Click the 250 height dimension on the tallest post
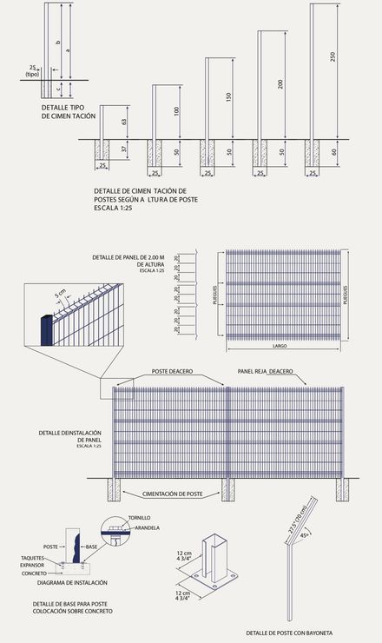click(x=332, y=57)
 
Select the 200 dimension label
click(x=280, y=84)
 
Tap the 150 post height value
click(x=229, y=97)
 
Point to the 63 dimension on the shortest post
click(x=124, y=121)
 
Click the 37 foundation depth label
click(x=124, y=149)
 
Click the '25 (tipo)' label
click(x=32, y=70)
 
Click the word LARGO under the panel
click(x=279, y=345)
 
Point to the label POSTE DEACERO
click(x=171, y=371)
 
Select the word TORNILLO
click(x=139, y=517)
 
